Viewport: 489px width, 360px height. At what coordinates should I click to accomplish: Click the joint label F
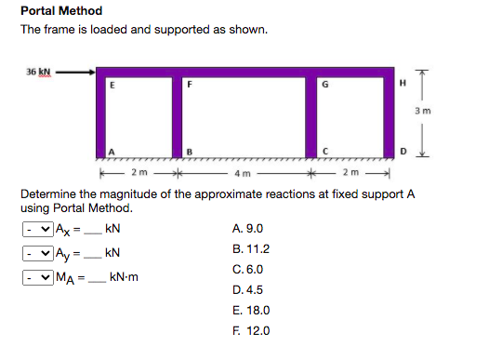point(191,85)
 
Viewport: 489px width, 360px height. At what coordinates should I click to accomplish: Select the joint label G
point(324,85)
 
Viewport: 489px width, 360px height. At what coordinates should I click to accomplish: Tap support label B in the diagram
point(191,151)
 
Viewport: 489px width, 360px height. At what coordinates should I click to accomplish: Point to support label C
point(324,151)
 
